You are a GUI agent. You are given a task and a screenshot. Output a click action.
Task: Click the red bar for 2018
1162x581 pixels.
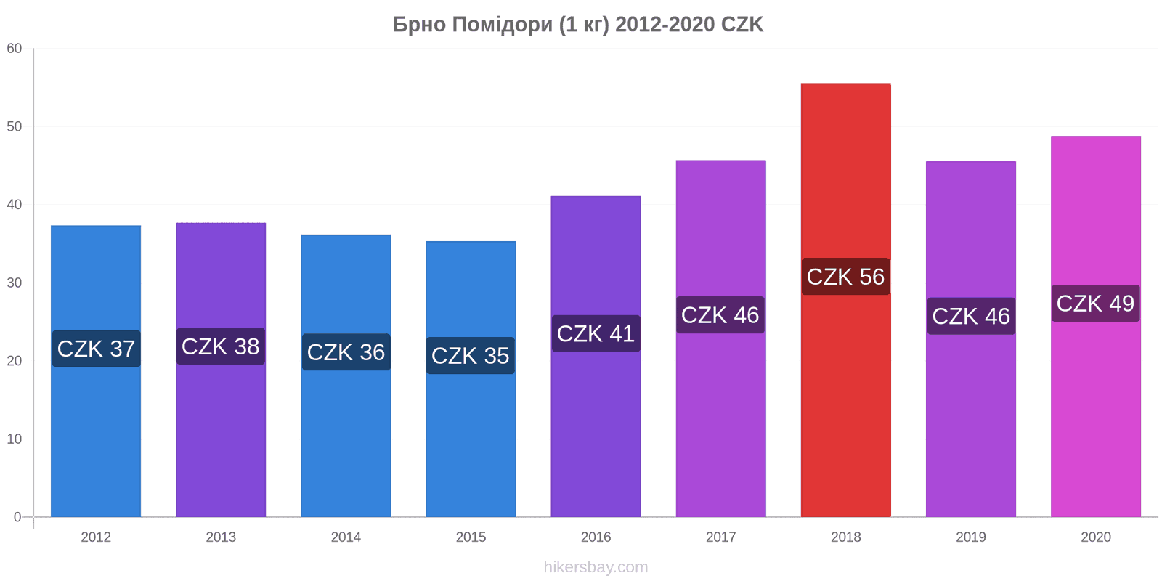(845, 300)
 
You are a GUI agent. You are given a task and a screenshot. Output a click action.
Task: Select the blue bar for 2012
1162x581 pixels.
(96, 371)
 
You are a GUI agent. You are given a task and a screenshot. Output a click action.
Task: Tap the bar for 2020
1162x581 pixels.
(1096, 326)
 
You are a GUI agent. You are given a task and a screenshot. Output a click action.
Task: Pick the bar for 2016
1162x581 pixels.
(596, 357)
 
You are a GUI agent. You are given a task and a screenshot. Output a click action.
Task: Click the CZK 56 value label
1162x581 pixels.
(845, 277)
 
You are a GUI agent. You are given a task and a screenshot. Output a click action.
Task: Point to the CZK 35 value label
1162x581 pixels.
(471, 355)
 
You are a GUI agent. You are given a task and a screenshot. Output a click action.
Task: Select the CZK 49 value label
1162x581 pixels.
(1096, 303)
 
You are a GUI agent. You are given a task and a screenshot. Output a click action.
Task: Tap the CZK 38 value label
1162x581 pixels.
(221, 346)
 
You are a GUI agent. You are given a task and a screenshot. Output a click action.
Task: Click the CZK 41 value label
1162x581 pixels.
(596, 333)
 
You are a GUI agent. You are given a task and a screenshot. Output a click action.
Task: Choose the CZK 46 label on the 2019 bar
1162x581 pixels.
(971, 316)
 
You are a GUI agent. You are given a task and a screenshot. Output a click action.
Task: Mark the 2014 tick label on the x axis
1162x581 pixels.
(346, 537)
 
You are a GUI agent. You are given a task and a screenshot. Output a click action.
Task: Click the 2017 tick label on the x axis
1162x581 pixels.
(720, 537)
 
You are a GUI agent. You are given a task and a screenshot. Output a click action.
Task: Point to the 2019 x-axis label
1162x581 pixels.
(970, 537)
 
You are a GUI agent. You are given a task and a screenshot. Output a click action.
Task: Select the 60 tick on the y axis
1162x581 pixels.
(14, 48)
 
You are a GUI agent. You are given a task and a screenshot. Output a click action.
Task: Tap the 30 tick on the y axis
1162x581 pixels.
(14, 283)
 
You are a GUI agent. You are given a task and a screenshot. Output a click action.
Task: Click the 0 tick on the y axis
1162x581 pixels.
(17, 516)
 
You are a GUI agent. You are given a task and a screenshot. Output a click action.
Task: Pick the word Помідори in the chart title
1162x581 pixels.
(502, 25)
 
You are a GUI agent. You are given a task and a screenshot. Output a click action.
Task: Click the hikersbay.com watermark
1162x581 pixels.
(596, 567)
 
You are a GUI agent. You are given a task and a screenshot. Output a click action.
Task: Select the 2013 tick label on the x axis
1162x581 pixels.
(221, 537)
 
